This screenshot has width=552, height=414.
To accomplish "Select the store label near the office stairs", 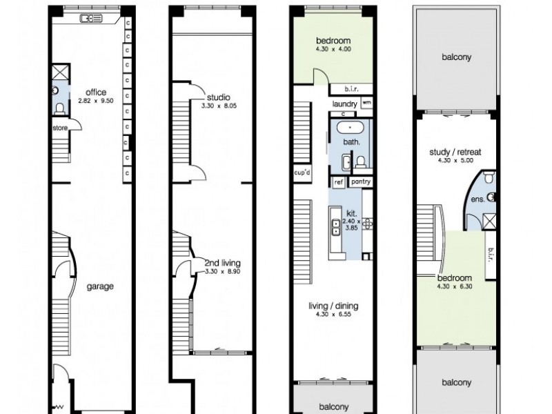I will click(61, 128).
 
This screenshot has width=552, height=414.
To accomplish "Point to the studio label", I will click(218, 97).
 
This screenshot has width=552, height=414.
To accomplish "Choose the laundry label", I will click(344, 105).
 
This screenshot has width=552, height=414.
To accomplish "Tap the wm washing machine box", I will click(366, 103).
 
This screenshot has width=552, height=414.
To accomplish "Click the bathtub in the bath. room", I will click(350, 128).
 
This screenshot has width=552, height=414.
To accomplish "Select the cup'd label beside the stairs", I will click(301, 173).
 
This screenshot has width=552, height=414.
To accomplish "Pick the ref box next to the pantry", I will click(338, 182).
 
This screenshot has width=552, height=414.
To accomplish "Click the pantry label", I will click(360, 182).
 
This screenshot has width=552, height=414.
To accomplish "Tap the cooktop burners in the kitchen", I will click(367, 224).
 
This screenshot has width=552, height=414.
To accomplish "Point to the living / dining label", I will click(333, 305).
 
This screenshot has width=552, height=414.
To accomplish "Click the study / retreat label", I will click(455, 152).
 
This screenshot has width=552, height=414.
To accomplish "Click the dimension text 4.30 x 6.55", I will click(333, 315).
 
